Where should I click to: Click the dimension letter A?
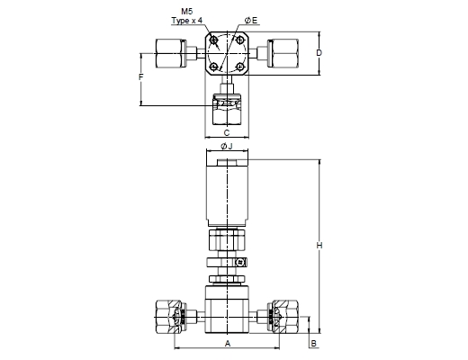[228, 343]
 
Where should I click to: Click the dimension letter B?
[313, 343]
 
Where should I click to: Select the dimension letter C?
[227, 132]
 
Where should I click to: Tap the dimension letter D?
[319, 53]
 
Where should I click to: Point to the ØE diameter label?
[251, 21]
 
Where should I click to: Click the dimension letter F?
[141, 77]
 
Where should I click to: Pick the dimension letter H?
[319, 246]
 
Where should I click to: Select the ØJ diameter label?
[227, 147]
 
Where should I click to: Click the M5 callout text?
[187, 12]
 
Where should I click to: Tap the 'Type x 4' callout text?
[186, 21]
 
